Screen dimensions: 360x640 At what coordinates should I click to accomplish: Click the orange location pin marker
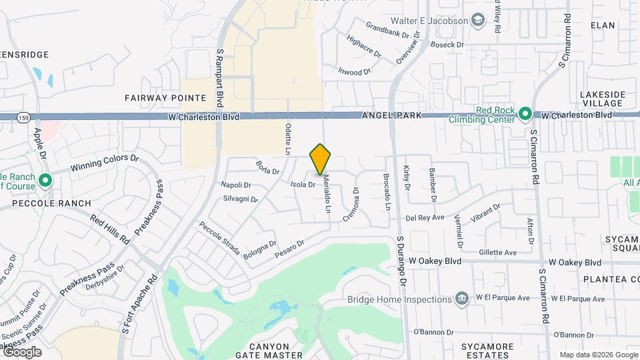click(x=321, y=159)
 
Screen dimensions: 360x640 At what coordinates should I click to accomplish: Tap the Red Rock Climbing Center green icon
click(x=525, y=114)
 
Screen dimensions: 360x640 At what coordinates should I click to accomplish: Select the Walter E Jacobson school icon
click(x=478, y=21)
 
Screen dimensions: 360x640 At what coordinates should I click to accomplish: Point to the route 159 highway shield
click(x=23, y=116)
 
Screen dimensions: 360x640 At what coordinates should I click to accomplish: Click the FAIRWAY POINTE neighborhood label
click(x=165, y=97)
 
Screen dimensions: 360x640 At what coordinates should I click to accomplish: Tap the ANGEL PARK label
click(x=391, y=115)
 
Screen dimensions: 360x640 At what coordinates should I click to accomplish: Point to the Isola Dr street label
click(x=302, y=183)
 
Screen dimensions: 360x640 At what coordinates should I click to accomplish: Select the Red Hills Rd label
click(x=110, y=230)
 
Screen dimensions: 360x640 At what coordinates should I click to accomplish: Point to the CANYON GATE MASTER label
click(x=270, y=351)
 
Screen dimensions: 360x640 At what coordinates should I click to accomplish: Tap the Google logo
click(x=22, y=351)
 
